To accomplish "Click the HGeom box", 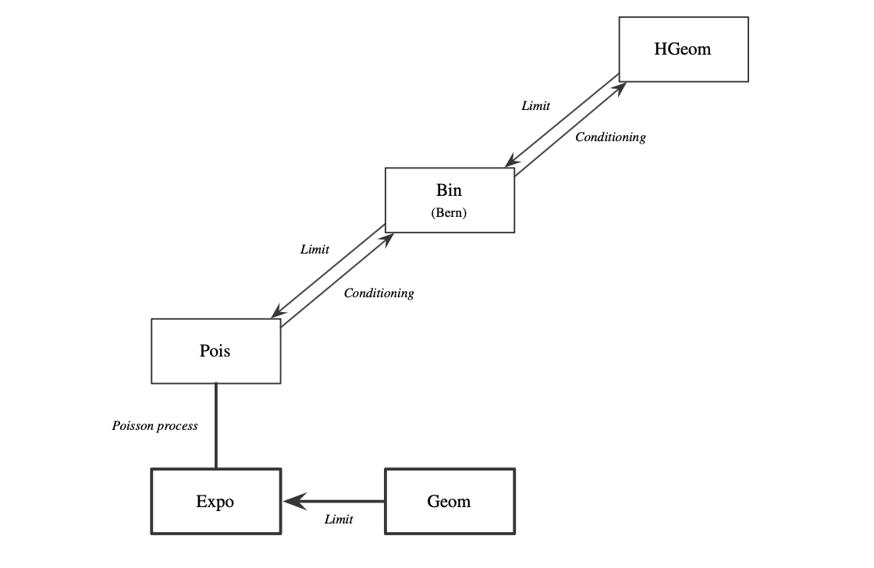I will [684, 49].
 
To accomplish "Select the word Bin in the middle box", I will [449, 190].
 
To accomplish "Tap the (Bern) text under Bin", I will [449, 213].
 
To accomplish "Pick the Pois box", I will [215, 351].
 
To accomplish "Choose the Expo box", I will [215, 502].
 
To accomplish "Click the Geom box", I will [449, 502].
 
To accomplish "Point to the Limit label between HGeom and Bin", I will [535, 106].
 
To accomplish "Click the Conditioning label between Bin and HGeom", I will [610, 137].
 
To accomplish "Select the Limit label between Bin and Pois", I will [314, 250].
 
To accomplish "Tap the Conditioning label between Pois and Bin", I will [378, 293].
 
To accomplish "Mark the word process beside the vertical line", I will [179, 426].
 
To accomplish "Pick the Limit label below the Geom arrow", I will [339, 520].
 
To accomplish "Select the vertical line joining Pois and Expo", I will [215, 425].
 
